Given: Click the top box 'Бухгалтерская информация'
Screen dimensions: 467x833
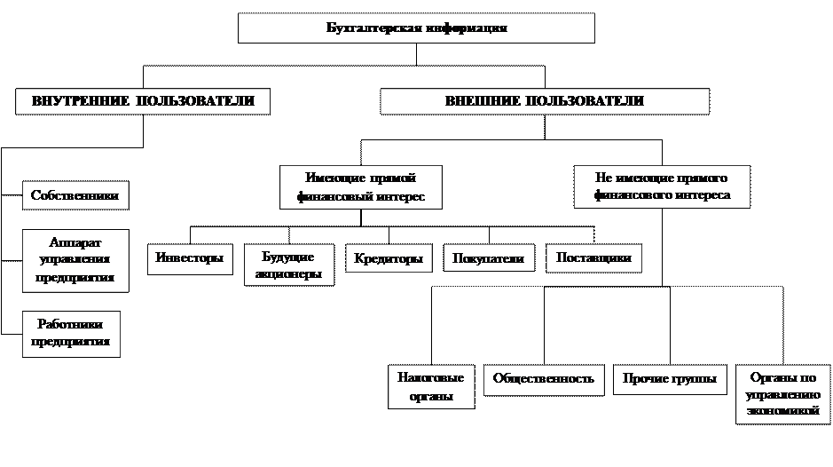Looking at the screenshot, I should pyautogui.click(x=416, y=28).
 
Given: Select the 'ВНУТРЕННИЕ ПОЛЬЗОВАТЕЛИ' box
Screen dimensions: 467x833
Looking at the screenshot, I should pyautogui.click(x=142, y=101).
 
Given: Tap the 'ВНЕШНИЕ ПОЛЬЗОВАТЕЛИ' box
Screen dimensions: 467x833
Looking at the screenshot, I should pyautogui.click(x=545, y=101).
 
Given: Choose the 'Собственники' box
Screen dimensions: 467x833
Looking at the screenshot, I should pyautogui.click(x=75, y=195).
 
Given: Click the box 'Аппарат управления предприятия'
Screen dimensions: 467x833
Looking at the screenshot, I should pyautogui.click(x=75, y=260).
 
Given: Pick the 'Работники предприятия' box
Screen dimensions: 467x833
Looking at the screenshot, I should pyautogui.click(x=71, y=333).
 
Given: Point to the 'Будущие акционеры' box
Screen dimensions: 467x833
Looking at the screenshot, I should pyautogui.click(x=288, y=265).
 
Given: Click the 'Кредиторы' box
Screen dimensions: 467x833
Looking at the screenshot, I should pyautogui.click(x=388, y=258).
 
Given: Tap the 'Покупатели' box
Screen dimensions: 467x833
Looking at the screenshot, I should pyautogui.click(x=488, y=258).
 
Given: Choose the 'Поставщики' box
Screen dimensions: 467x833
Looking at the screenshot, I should pyautogui.click(x=593, y=257).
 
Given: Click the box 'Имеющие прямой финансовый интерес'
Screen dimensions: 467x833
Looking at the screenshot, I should pyautogui.click(x=360, y=186).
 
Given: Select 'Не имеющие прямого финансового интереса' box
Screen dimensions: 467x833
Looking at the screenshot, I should pyautogui.click(x=662, y=186).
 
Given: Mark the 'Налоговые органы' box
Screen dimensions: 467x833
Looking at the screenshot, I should pyautogui.click(x=432, y=386).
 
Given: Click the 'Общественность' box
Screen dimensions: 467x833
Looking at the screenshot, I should pyautogui.click(x=544, y=379).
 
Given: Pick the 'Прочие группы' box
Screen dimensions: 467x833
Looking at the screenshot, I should pyautogui.click(x=670, y=379).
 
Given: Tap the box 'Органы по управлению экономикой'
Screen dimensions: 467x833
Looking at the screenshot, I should pyautogui.click(x=778, y=393).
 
